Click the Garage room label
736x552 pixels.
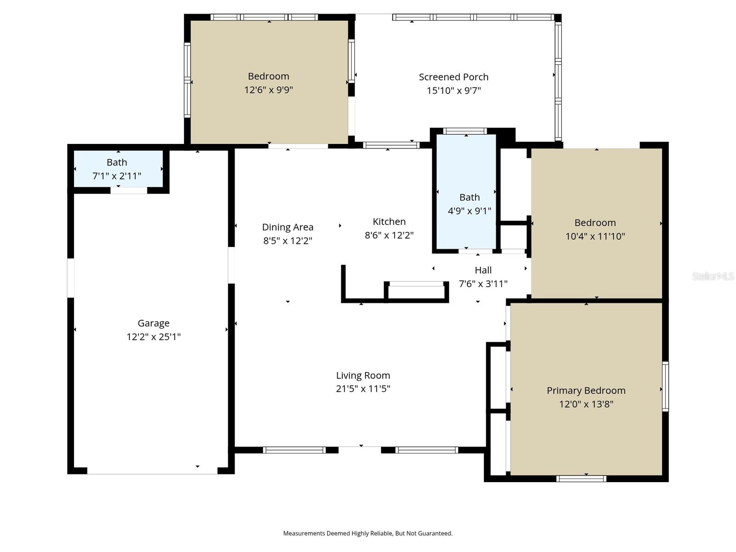tap(154, 323)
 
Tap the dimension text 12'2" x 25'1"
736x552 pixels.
tap(154, 337)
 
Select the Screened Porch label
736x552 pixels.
tap(454, 77)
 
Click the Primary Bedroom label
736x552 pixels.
tap(586, 391)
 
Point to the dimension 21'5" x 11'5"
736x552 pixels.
tap(363, 389)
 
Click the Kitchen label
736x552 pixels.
tap(389, 222)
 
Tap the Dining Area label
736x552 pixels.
tap(287, 227)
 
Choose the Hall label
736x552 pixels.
tap(483, 270)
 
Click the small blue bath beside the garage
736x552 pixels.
tap(118, 169)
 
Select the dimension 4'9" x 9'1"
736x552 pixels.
tap(470, 211)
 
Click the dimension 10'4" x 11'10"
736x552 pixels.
tap(595, 236)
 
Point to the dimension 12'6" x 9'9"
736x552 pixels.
tap(269, 90)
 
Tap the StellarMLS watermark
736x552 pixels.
tap(713, 276)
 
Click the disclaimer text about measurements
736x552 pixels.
tap(368, 534)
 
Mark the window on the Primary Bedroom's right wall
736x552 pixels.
tap(665, 386)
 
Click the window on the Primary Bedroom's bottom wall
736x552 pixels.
tap(581, 479)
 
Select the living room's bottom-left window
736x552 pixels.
tap(294, 450)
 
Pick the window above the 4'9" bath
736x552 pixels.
tap(465, 131)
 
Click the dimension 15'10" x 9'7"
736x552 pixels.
tap(454, 91)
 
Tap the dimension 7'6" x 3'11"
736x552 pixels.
tap(483, 284)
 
